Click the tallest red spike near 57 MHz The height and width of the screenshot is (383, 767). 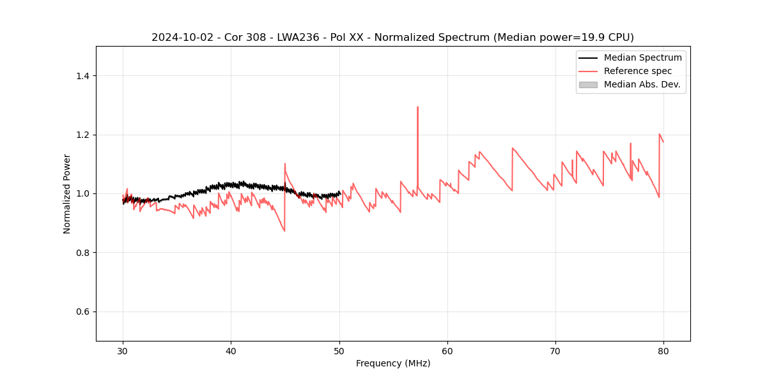(x=417, y=107)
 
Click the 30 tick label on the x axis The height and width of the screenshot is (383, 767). (x=123, y=350)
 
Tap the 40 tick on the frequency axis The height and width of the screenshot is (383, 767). (x=231, y=350)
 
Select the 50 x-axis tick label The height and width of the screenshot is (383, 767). (x=339, y=350)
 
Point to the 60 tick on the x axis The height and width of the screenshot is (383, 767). (x=447, y=350)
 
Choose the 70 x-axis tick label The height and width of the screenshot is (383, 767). (x=555, y=350)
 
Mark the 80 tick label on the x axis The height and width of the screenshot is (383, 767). (x=663, y=350)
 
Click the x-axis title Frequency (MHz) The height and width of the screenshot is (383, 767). (x=393, y=363)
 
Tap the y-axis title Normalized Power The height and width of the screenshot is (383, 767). (x=67, y=193)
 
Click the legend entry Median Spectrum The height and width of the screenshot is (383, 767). (x=642, y=57)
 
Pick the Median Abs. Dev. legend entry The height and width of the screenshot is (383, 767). (x=642, y=84)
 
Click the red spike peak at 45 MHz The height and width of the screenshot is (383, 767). (x=285, y=163)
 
